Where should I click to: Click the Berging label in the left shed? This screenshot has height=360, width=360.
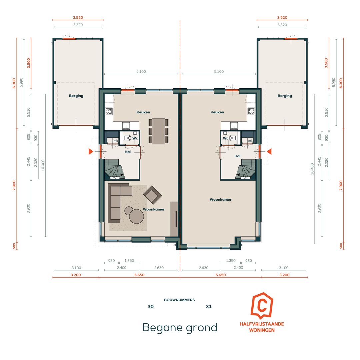pyautogui.click(x=76, y=96)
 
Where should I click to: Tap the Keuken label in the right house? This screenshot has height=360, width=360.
pyautogui.click(x=217, y=112)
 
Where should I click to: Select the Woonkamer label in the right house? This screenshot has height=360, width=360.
pyautogui.click(x=221, y=200)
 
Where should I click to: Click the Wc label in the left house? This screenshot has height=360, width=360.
pyautogui.click(x=135, y=138)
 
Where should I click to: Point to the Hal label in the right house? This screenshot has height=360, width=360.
pyautogui.click(x=237, y=156)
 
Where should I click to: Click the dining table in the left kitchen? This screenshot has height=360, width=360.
pyautogui.click(x=158, y=131)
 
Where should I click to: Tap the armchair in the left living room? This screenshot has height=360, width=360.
pyautogui.click(x=152, y=195)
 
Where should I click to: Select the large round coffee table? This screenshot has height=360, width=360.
pyautogui.click(x=136, y=216)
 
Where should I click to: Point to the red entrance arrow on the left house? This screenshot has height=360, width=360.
pyautogui.click(x=91, y=152)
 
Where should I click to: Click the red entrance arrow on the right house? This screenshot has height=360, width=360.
pyautogui.click(x=269, y=152)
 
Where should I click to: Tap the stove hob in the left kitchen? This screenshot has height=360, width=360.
pyautogui.click(x=109, y=111)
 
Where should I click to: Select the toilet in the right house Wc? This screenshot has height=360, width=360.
pyautogui.click(x=232, y=138)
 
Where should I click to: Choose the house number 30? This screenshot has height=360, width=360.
pyautogui.click(x=151, y=307)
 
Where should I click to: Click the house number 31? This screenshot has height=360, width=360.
pyautogui.click(x=209, y=307)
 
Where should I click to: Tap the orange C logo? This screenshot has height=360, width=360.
pyautogui.click(x=262, y=306)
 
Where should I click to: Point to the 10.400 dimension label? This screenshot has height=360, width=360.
pyautogui.click(x=312, y=169)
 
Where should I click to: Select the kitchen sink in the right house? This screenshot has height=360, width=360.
pyautogui.click(x=234, y=126)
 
